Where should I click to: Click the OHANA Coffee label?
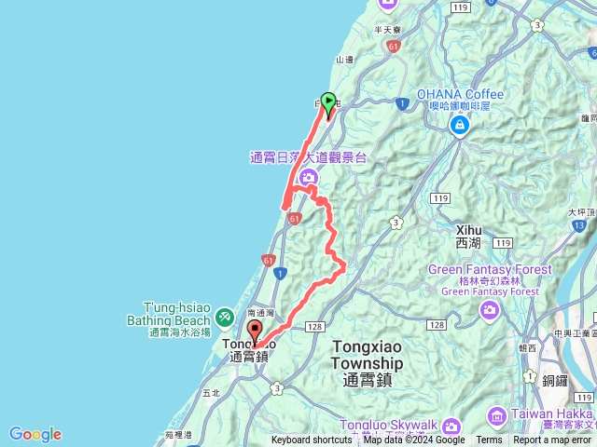460,94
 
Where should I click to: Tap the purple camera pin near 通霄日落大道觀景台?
309,177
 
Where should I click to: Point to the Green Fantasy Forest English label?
490,270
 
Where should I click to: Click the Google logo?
35,434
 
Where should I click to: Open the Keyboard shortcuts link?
312,440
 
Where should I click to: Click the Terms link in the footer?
489,440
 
